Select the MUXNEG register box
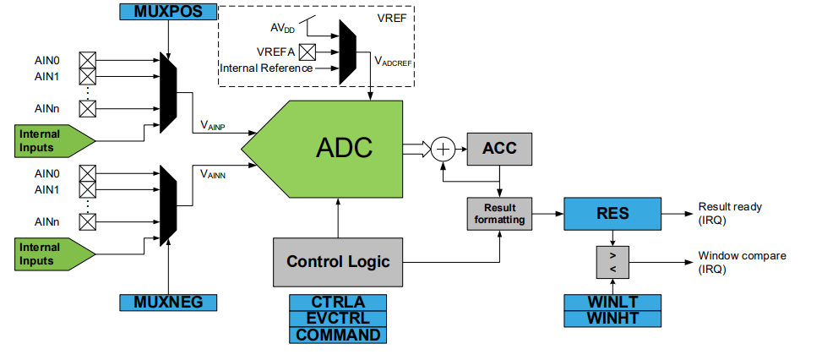169,302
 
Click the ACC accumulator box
500,149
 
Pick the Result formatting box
500,214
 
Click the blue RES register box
612,213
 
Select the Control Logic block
338,261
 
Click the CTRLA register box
338,302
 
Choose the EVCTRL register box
338,318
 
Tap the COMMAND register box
338,335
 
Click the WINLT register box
612,302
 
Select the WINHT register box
612,318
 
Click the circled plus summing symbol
444,150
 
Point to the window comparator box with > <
612,262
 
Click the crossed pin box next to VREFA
308,52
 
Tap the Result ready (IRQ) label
730,213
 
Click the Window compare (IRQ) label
741,262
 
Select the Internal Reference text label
266,68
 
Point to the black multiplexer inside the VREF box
347,53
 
